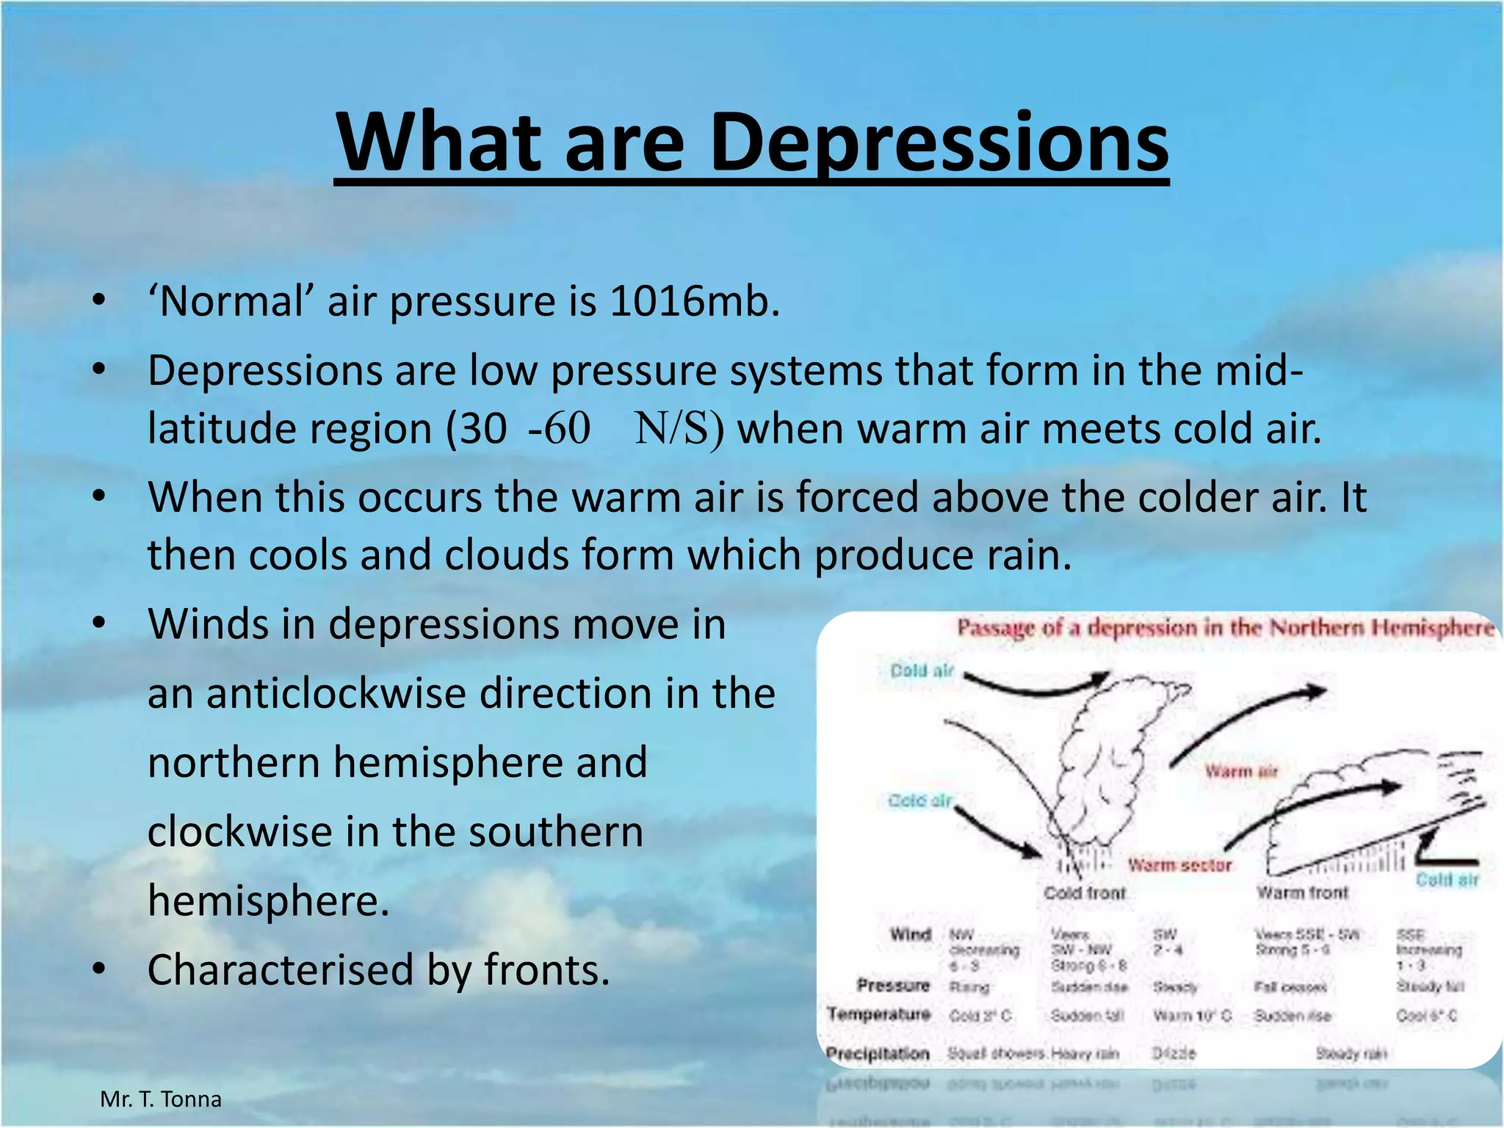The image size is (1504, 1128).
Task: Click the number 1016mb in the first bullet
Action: [x=694, y=301]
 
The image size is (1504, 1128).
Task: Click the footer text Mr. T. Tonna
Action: [x=161, y=1099]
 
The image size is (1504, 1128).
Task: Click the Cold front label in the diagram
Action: [x=1085, y=893]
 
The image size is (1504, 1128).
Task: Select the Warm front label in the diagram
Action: [x=1302, y=893]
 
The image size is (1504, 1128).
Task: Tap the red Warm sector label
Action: [x=1179, y=865]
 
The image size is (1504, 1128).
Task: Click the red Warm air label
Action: [x=1241, y=771]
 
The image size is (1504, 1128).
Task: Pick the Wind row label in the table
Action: [x=911, y=934]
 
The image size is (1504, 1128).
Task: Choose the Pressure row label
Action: [x=893, y=985]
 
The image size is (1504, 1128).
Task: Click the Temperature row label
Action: [x=879, y=1014]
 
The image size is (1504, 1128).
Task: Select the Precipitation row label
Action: [x=878, y=1054]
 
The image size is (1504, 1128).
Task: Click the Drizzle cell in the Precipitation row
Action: [x=1173, y=1054]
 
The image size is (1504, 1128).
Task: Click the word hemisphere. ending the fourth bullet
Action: [x=268, y=900]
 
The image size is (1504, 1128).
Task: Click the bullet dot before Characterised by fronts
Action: [x=99, y=970]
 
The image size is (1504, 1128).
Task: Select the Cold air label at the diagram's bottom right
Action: [x=1447, y=880]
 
